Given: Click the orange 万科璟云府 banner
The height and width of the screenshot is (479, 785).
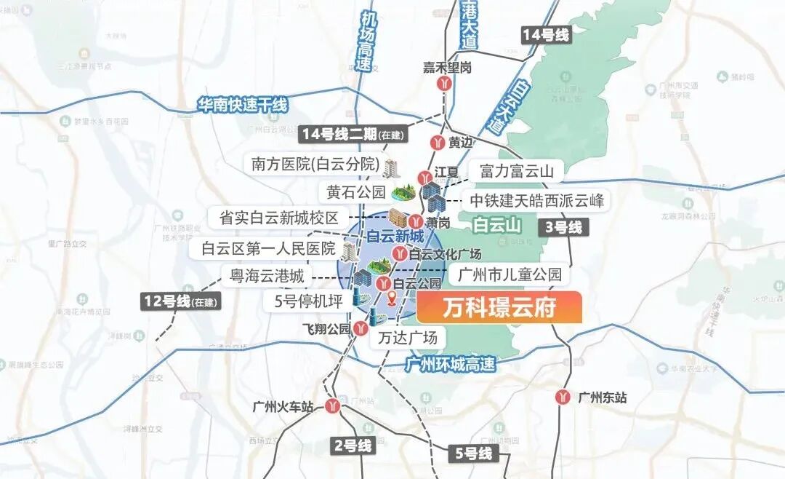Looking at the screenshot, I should [499, 308].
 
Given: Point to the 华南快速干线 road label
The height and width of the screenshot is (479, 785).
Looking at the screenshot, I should [243, 106].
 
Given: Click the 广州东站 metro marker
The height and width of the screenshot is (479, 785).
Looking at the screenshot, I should [563, 397].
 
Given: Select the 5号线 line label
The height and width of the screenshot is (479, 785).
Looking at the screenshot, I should [474, 454].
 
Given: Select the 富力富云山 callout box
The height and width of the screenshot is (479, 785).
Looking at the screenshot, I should [516, 172].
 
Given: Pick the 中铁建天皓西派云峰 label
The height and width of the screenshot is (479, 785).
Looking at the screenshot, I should [536, 200].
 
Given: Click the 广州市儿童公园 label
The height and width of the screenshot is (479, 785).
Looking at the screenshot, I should [510, 275].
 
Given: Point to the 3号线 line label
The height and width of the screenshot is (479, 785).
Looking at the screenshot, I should [563, 227].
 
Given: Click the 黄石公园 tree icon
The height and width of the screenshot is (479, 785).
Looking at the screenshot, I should [402, 193].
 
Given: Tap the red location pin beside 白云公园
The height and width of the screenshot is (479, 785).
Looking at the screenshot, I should [392, 297].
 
